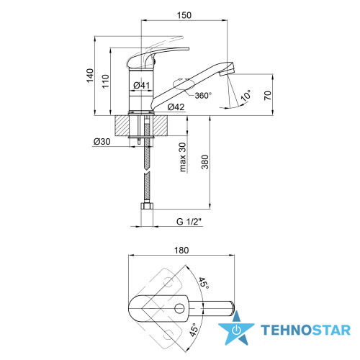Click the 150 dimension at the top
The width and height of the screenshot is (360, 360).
(x=184, y=15)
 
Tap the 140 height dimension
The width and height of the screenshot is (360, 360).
(x=90, y=76)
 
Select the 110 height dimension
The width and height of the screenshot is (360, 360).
(x=105, y=81)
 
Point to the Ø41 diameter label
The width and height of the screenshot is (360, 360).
(x=141, y=85)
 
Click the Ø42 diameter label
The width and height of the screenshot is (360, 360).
(x=176, y=107)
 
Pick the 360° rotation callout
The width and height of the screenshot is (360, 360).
(x=203, y=96)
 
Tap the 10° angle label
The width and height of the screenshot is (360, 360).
(x=246, y=95)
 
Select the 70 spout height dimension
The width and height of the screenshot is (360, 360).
(x=268, y=95)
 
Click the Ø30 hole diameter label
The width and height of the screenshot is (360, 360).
(x=102, y=142)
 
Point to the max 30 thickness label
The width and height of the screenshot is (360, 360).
(x=183, y=157)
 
